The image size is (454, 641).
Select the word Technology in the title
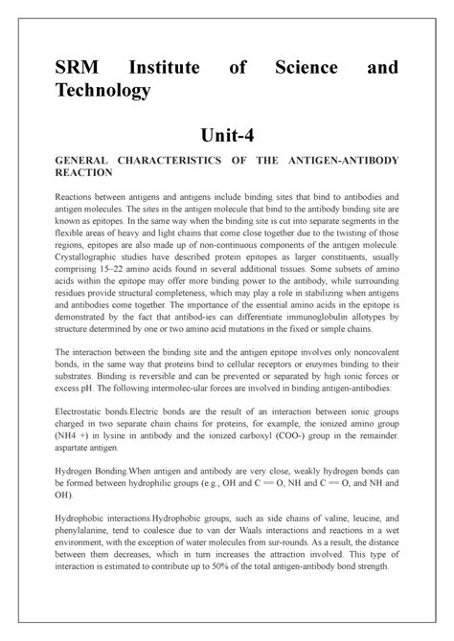point(105,90)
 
